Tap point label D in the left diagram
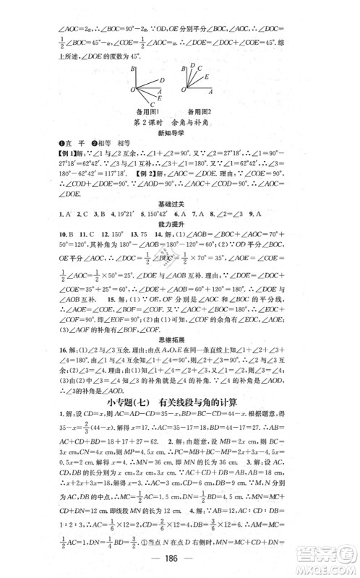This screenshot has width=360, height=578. coord(162,80)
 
